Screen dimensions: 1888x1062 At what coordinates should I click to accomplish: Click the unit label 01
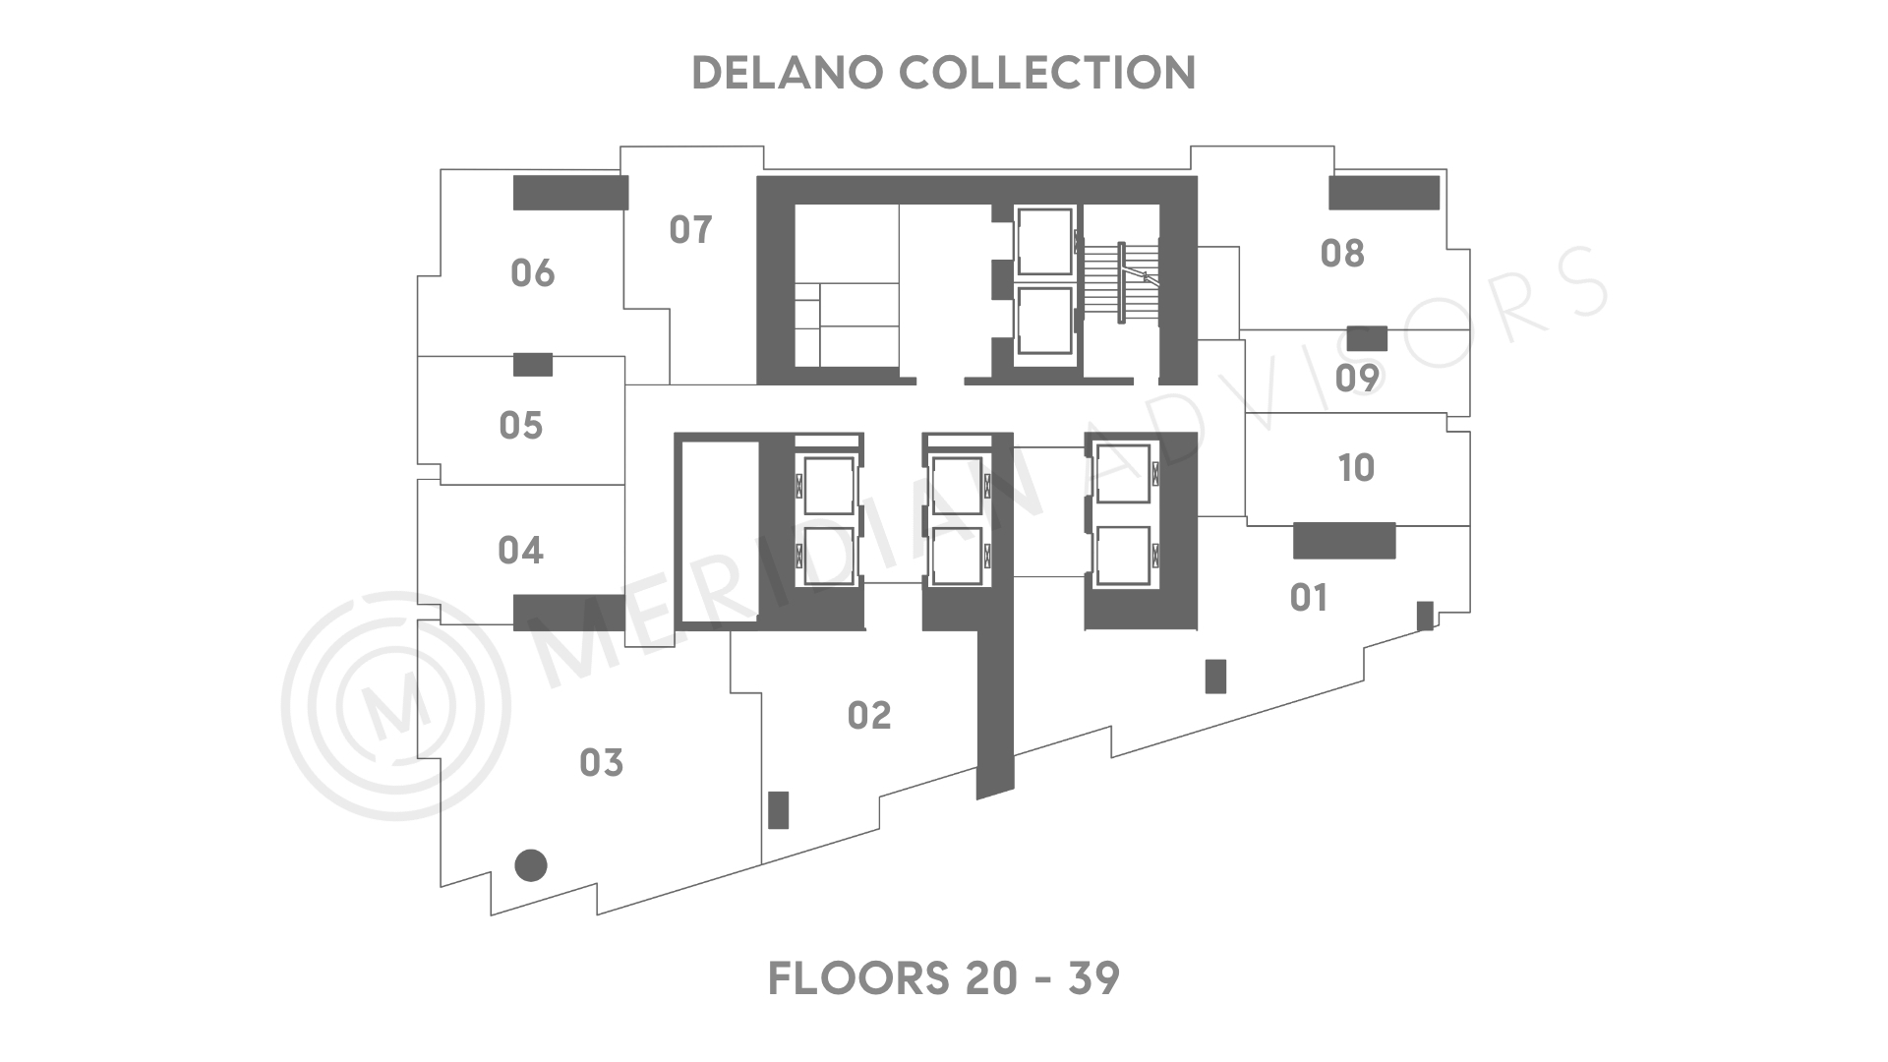[x=1308, y=598]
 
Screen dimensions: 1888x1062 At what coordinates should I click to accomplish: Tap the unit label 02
[x=869, y=716]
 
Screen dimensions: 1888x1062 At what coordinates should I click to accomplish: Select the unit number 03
[x=601, y=763]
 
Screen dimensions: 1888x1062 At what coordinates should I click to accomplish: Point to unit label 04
[x=520, y=551]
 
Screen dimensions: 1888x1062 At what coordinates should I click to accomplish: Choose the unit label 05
[x=520, y=426]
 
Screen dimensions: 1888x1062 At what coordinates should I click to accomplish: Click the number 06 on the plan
[x=532, y=273]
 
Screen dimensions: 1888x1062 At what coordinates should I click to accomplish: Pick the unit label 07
[x=690, y=230]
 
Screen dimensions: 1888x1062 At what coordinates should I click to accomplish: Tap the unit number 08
[x=1342, y=254]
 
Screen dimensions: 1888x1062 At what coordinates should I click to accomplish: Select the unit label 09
[x=1357, y=378]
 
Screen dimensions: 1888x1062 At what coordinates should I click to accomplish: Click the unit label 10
[x=1356, y=468]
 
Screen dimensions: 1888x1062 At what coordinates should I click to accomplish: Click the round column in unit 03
[x=531, y=865]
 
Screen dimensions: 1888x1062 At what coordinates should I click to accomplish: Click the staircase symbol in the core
[x=1122, y=281]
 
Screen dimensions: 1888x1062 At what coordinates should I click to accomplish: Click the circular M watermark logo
[x=395, y=706]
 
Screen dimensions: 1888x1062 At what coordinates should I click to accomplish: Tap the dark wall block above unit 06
[x=570, y=193]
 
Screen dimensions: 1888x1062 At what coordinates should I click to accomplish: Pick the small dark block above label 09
[x=1367, y=338]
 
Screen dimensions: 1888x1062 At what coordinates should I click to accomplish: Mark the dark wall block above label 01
[x=1344, y=541]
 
